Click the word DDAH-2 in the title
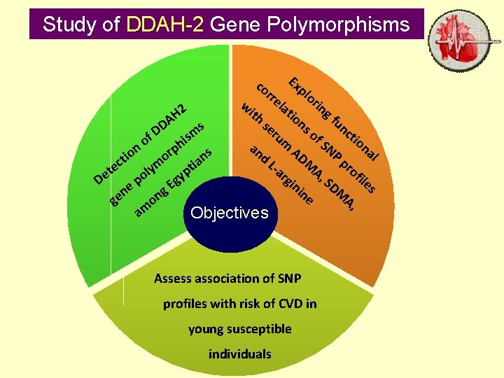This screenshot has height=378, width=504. (166, 24)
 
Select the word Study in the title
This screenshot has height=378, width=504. (68, 24)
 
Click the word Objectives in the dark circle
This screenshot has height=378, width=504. (229, 213)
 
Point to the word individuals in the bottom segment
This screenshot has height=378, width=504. (239, 354)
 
